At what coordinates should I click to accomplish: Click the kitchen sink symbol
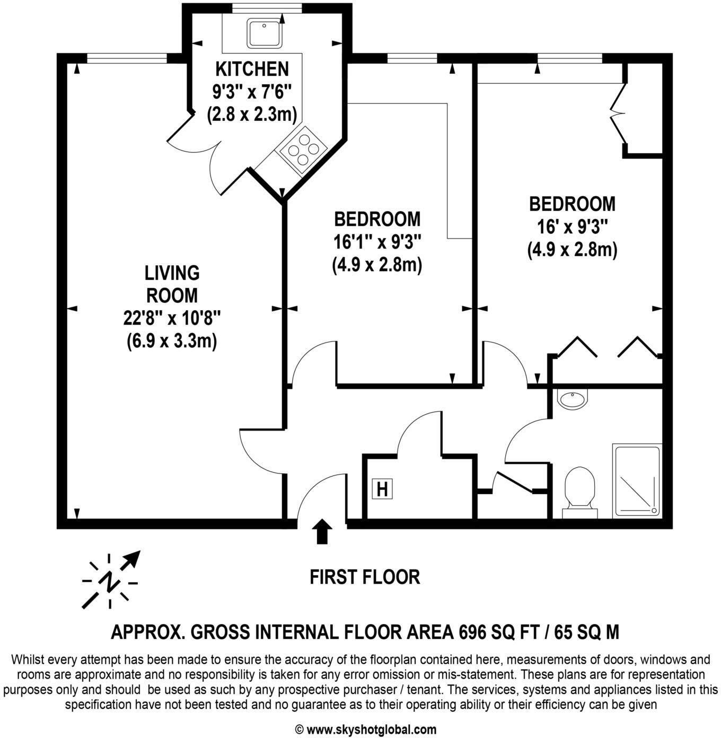point(263,33)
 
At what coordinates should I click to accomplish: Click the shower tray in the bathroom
point(637,480)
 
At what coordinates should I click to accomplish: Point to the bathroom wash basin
point(573,399)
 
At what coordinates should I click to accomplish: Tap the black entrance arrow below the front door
point(321,532)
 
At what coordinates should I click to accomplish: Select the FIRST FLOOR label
point(365,577)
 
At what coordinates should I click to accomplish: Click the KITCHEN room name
point(252,69)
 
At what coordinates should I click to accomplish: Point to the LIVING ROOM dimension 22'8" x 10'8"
point(172,318)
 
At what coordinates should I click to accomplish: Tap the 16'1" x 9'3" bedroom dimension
point(377,242)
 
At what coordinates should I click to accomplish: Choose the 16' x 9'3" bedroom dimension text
point(572,227)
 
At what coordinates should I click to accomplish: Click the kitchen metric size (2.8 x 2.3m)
point(251,114)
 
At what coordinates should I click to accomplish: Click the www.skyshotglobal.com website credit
point(365,730)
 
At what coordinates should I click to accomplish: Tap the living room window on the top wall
point(127,58)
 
